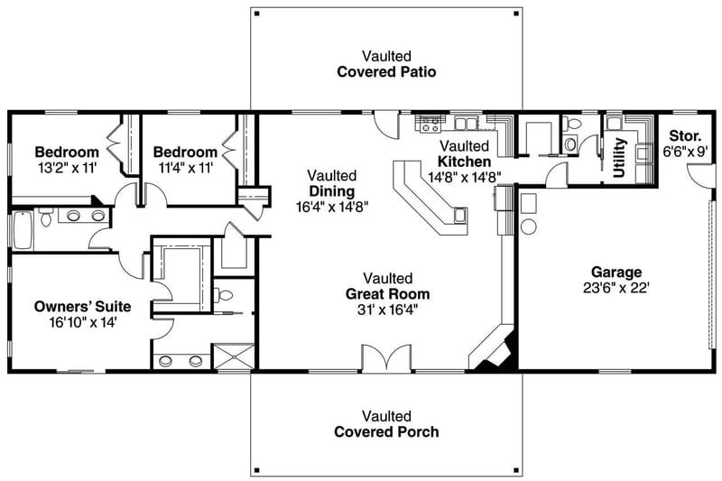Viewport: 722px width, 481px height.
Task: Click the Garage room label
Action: point(616,272)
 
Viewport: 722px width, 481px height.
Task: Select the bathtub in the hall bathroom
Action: point(23,229)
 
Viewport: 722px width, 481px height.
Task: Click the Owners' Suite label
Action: point(76,305)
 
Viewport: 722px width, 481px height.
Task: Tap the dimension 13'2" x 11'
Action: point(67,168)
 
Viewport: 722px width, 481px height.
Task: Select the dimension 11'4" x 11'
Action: point(185,168)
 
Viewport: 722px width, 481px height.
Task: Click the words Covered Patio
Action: point(387,71)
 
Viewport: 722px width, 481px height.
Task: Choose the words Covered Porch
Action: point(387,431)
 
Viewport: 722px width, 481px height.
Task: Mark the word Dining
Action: point(331,191)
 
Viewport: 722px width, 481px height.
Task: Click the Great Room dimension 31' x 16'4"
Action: point(387,310)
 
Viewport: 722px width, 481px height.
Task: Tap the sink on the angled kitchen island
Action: point(460,215)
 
